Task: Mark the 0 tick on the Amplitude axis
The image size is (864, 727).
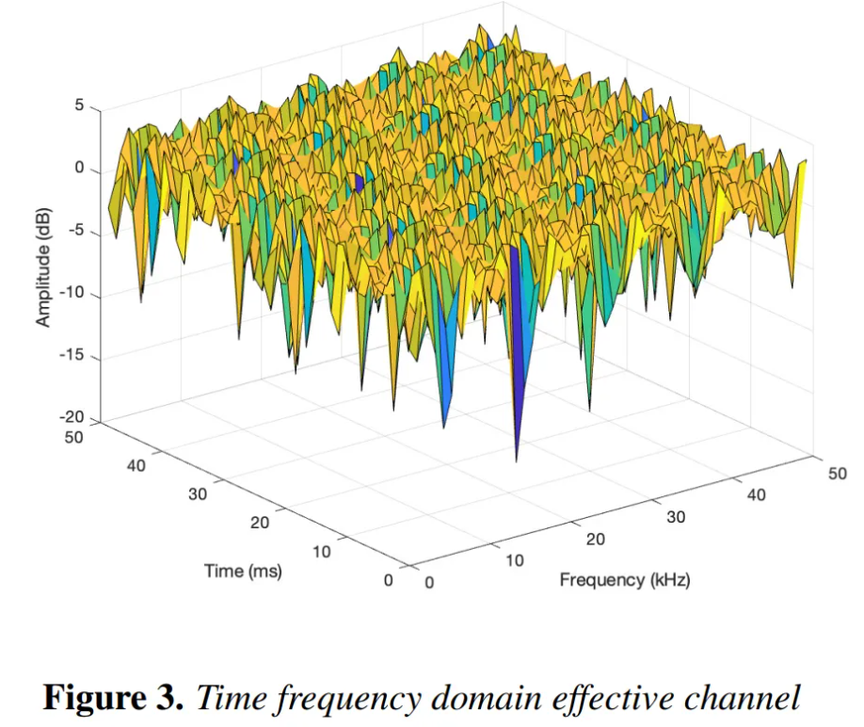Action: pyautogui.click(x=81, y=170)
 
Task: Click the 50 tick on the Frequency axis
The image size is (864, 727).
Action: pyautogui.click(x=837, y=474)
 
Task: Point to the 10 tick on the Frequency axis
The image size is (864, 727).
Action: pyautogui.click(x=513, y=560)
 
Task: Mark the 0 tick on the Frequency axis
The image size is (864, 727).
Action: pyautogui.click(x=430, y=583)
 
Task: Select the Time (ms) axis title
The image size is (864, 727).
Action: pyautogui.click(x=244, y=571)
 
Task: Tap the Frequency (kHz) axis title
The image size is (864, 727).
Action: pyautogui.click(x=625, y=579)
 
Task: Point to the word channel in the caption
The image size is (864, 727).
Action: pyautogui.click(x=751, y=698)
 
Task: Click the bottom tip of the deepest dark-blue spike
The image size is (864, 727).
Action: pyautogui.click(x=516, y=460)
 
